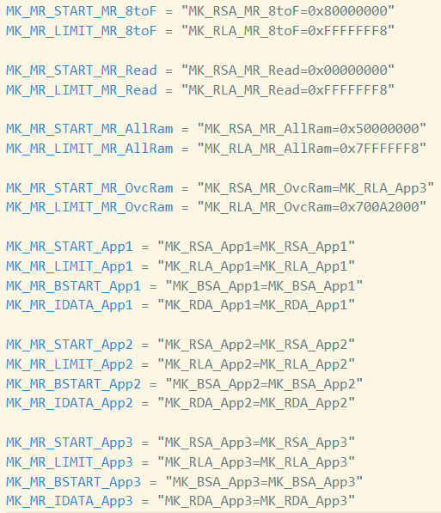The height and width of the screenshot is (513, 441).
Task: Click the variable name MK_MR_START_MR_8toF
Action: pyautogui.click(x=81, y=11)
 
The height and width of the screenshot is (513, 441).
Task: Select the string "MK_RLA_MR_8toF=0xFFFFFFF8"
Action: pyautogui.click(x=288, y=31)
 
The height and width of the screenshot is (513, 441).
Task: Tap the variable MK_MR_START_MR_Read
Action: pyautogui.click(x=81, y=70)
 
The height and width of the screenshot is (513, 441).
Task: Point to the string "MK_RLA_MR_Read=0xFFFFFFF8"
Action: pyautogui.click(x=288, y=90)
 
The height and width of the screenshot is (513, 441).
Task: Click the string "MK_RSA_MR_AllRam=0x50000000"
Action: pyautogui.click(x=312, y=129)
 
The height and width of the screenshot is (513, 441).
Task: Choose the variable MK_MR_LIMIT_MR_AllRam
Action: pyautogui.click(x=89, y=149)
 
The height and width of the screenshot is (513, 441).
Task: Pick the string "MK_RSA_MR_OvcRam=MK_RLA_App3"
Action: pyautogui.click(x=315, y=188)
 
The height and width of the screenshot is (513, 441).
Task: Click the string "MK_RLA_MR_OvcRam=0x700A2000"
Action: pyautogui.click(x=312, y=207)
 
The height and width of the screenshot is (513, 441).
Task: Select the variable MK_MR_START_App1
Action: pyautogui.click(x=70, y=247)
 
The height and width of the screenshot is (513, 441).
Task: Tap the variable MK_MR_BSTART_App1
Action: pyautogui.click(x=73, y=286)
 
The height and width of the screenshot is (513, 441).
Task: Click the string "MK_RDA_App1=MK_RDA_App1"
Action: pyautogui.click(x=256, y=305)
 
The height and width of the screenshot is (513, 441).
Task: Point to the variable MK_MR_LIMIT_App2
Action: pyautogui.click(x=70, y=364)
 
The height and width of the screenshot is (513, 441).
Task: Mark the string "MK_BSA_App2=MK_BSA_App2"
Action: pyautogui.click(x=264, y=384)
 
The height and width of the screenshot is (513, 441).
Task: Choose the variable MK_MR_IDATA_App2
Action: pyautogui.click(x=70, y=403)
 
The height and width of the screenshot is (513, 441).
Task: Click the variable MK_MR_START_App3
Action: pyautogui.click(x=70, y=443)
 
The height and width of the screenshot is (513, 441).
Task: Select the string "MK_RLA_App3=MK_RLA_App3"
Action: pyautogui.click(x=256, y=462)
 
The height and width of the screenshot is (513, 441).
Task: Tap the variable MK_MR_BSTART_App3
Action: pyautogui.click(x=73, y=481)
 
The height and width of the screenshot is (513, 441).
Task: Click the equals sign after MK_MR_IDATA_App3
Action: pyautogui.click(x=145, y=502)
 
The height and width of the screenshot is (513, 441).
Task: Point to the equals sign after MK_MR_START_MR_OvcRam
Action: pyautogui.click(x=185, y=188)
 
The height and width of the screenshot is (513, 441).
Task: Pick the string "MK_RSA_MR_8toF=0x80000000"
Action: pyautogui.click(x=288, y=11)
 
